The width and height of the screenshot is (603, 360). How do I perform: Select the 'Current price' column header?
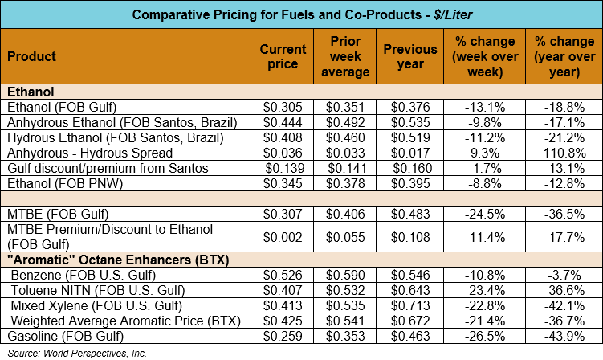coord(283,57)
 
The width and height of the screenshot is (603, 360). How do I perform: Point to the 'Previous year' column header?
coord(411,57)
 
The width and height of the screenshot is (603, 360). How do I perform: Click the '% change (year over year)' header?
coord(564,57)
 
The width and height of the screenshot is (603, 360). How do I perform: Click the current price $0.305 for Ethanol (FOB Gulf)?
coord(283,107)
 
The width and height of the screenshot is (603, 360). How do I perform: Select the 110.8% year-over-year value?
coord(564,153)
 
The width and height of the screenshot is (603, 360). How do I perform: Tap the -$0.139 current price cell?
coord(282,168)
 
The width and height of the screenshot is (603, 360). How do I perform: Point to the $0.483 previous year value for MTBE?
coord(411,214)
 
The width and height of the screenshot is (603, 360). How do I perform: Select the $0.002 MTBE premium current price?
coord(283,236)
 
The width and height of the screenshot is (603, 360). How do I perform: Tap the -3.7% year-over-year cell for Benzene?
coord(564,274)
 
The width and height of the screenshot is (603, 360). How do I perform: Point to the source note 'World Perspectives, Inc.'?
coord(94,352)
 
